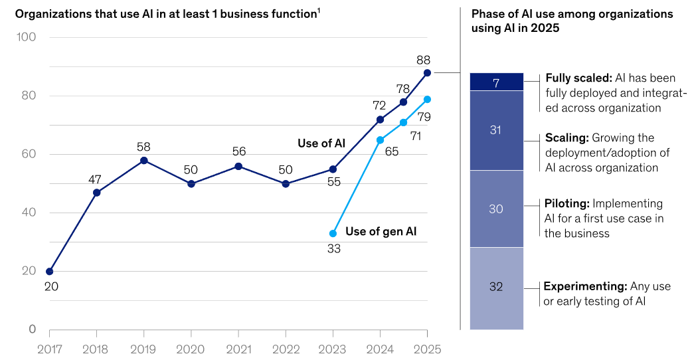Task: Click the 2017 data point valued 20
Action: (49, 272)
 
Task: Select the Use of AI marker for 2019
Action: (144, 160)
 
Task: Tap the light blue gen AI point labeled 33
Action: (333, 233)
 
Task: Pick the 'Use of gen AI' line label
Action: (381, 231)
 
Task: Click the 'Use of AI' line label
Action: (321, 143)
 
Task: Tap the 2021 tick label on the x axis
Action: (238, 349)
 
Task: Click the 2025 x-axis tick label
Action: (427, 349)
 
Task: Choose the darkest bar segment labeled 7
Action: (496, 82)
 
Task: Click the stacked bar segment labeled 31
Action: (496, 130)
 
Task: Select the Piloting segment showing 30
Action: (496, 209)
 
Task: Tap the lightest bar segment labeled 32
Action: (496, 288)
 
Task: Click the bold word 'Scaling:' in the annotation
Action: (566, 138)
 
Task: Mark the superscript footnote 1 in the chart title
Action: (318, 10)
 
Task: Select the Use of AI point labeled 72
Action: (380, 120)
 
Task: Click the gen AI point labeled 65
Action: (380, 140)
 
